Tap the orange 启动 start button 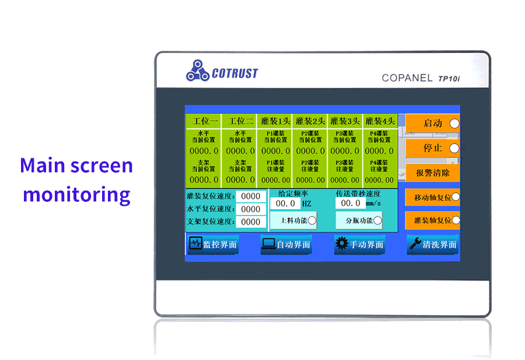click(432, 124)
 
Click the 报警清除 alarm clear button click(432, 173)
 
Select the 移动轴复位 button click(432, 197)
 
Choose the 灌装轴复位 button click(432, 220)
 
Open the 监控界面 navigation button click(213, 244)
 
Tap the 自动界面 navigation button click(286, 244)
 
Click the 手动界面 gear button click(360, 244)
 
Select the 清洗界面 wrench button click(432, 244)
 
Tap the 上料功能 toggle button click(293, 220)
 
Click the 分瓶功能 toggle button click(359, 220)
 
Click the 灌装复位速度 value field click(251, 197)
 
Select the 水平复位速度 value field click(251, 209)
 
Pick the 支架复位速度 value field click(251, 222)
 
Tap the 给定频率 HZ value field click(286, 204)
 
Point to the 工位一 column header click(204, 121)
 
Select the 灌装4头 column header click(380, 121)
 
